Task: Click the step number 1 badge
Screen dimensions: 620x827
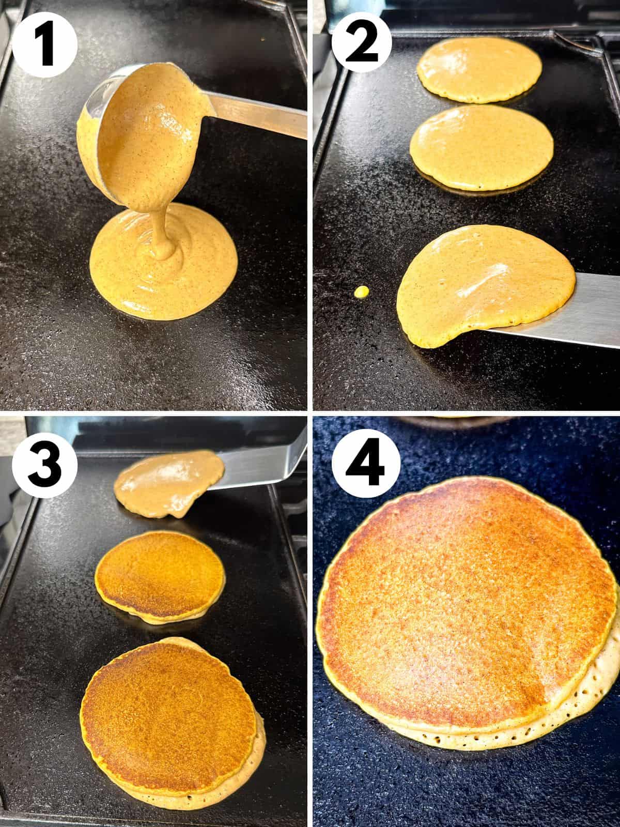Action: coord(44,45)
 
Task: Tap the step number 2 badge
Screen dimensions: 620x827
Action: coord(362,45)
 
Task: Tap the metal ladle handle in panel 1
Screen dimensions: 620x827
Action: coord(256,115)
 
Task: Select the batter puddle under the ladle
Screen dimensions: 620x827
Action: coord(163,262)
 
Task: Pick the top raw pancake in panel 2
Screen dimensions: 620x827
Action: coord(479,70)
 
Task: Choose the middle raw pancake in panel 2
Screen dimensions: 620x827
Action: coord(482,147)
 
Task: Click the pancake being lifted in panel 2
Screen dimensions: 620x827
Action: coord(486,284)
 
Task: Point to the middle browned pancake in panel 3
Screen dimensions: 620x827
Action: coord(160,576)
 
